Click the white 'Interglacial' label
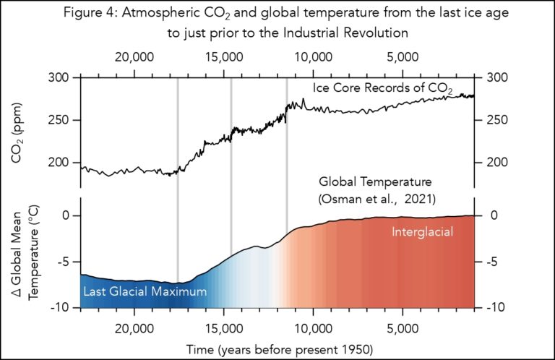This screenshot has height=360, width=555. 422,232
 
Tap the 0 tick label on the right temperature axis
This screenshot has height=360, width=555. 496,215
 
